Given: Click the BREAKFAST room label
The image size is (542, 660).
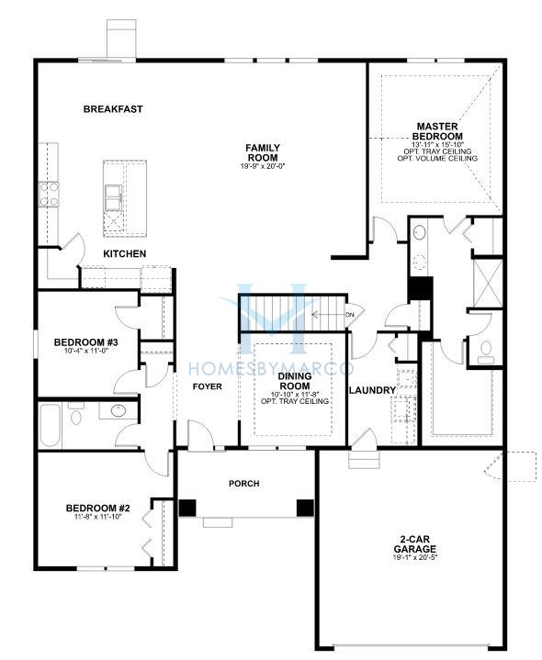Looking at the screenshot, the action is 113,109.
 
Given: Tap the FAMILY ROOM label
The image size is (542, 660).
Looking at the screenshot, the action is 263,152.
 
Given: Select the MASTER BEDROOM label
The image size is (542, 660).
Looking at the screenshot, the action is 437,131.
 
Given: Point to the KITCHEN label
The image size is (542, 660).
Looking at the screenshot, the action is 125,254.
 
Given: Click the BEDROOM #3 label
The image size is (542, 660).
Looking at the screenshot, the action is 86,342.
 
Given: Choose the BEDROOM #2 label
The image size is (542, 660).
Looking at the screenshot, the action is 97,509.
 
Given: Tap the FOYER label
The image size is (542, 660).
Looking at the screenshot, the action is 208,386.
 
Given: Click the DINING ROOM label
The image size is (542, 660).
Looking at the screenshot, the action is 295,381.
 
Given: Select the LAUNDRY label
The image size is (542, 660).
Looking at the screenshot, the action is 372,391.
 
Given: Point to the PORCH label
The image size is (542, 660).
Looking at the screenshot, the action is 243,484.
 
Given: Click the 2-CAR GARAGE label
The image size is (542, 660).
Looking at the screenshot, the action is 415,544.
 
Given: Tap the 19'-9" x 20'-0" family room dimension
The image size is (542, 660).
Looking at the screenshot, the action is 263,166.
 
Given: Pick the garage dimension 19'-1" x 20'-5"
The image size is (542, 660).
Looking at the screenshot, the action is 415,558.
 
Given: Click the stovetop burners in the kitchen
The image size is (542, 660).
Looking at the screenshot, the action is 49,195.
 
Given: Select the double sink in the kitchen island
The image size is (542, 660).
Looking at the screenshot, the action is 113,197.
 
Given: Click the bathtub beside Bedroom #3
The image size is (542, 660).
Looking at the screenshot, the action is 51,425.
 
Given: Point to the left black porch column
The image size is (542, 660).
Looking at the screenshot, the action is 187,508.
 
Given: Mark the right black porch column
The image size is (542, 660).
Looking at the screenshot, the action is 305,508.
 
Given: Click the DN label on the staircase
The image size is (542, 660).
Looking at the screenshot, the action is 349,315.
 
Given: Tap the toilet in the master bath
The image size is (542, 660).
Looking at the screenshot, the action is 486,352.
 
